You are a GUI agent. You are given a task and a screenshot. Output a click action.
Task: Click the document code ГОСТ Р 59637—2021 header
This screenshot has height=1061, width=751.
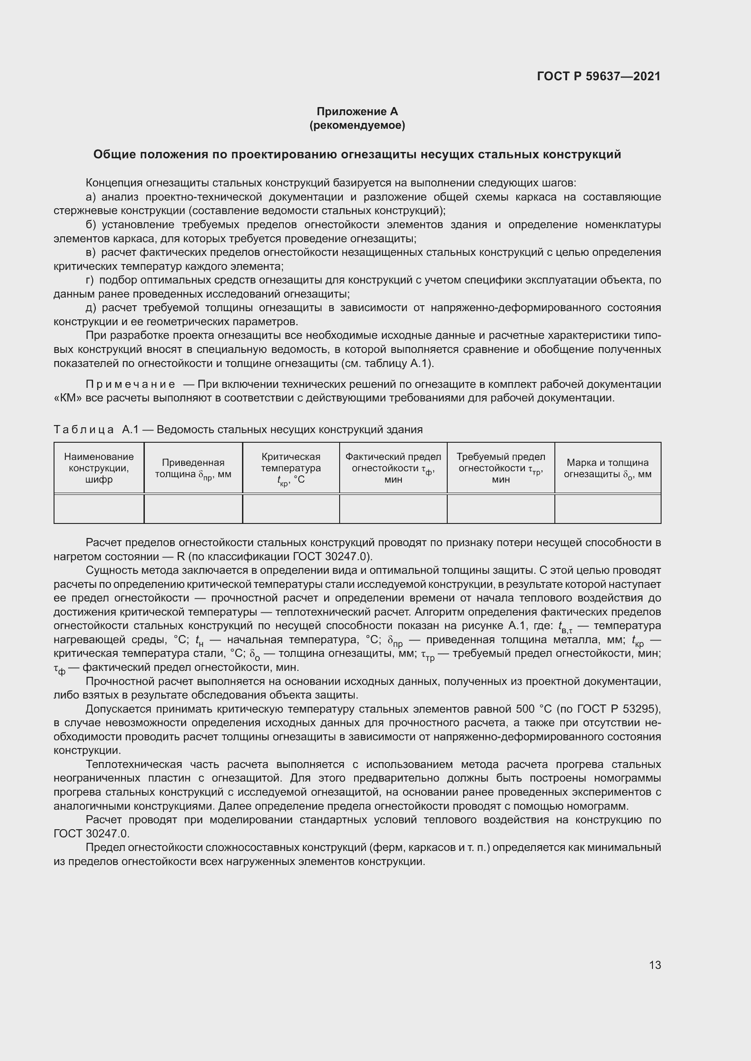598,76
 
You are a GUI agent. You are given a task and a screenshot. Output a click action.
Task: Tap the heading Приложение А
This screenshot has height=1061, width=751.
357,112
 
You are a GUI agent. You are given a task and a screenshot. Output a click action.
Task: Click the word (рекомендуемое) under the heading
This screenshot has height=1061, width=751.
357,125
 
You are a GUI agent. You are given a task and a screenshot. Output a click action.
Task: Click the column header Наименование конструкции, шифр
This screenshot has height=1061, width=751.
99,468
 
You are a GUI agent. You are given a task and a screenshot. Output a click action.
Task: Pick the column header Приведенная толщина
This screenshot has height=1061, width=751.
193,468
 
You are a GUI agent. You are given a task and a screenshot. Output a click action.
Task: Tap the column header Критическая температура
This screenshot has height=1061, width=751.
291,468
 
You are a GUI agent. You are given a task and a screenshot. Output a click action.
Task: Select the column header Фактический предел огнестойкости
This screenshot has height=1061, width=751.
393,468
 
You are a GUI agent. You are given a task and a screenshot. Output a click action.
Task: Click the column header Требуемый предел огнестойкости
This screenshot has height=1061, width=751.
501,468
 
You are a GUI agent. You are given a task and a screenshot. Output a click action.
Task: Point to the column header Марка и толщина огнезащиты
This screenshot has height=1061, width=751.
608,468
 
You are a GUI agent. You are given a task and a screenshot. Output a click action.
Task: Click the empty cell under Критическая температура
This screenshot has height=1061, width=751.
291,509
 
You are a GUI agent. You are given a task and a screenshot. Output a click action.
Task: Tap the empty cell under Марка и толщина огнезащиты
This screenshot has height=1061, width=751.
608,509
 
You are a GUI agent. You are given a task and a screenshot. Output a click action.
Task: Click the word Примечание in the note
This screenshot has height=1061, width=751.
130,385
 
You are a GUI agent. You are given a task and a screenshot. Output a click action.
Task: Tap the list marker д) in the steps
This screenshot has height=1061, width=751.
91,308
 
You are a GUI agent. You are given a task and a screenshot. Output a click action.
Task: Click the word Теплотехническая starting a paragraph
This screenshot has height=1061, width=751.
133,764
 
